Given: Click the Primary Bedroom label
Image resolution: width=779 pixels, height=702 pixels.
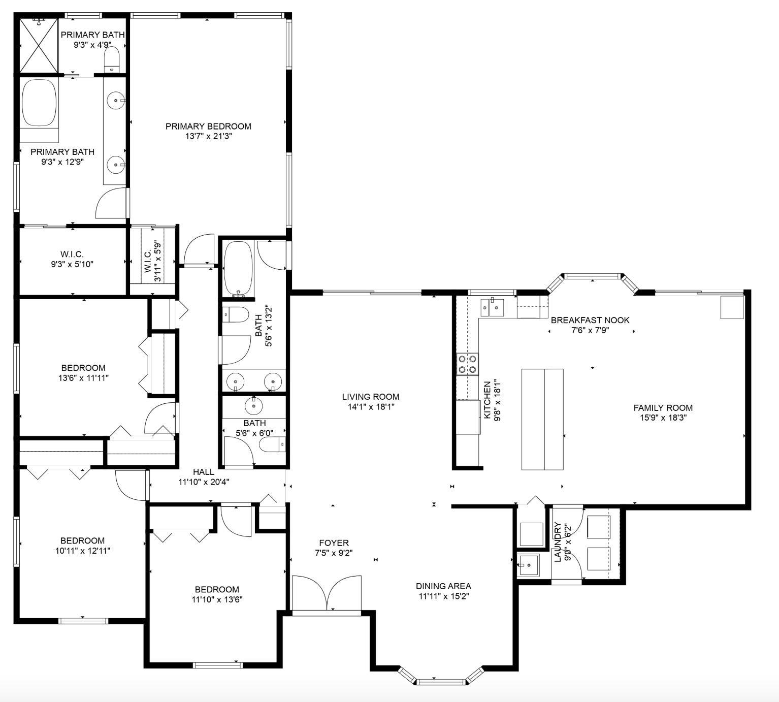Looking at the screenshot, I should coord(208,126).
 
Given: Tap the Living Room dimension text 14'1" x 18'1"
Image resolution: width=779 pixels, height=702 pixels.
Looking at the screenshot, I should coord(370,407).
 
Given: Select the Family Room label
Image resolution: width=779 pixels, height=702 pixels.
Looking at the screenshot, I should coord(663,407).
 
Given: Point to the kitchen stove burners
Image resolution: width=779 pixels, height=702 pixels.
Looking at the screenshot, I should coord(467,364).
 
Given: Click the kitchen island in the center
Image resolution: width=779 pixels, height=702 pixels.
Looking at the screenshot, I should coord(542,419).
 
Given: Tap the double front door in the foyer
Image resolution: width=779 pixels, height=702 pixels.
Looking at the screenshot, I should coord(327,593).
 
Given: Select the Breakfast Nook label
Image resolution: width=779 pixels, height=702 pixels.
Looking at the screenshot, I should coord(590,320).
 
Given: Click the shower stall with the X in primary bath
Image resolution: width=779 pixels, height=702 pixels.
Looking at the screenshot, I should coord(39,46).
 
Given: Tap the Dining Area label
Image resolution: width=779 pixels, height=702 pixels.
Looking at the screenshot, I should coord(443,586).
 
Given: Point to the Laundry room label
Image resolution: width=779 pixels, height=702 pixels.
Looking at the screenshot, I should coord(558,541).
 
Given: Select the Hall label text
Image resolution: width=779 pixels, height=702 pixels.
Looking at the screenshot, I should coord(203,472).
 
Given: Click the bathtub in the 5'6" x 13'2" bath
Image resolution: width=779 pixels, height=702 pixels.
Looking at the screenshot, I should coord(238,268).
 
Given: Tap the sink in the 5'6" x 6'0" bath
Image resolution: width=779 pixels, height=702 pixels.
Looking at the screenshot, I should coord(254,406).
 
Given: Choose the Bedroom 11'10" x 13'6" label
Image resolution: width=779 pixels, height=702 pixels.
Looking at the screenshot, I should coord(217,589).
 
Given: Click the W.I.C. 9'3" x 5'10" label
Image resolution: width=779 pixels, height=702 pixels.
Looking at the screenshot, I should coord(72,254).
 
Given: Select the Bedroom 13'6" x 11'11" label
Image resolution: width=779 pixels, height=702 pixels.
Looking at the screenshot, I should coord(83,368).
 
